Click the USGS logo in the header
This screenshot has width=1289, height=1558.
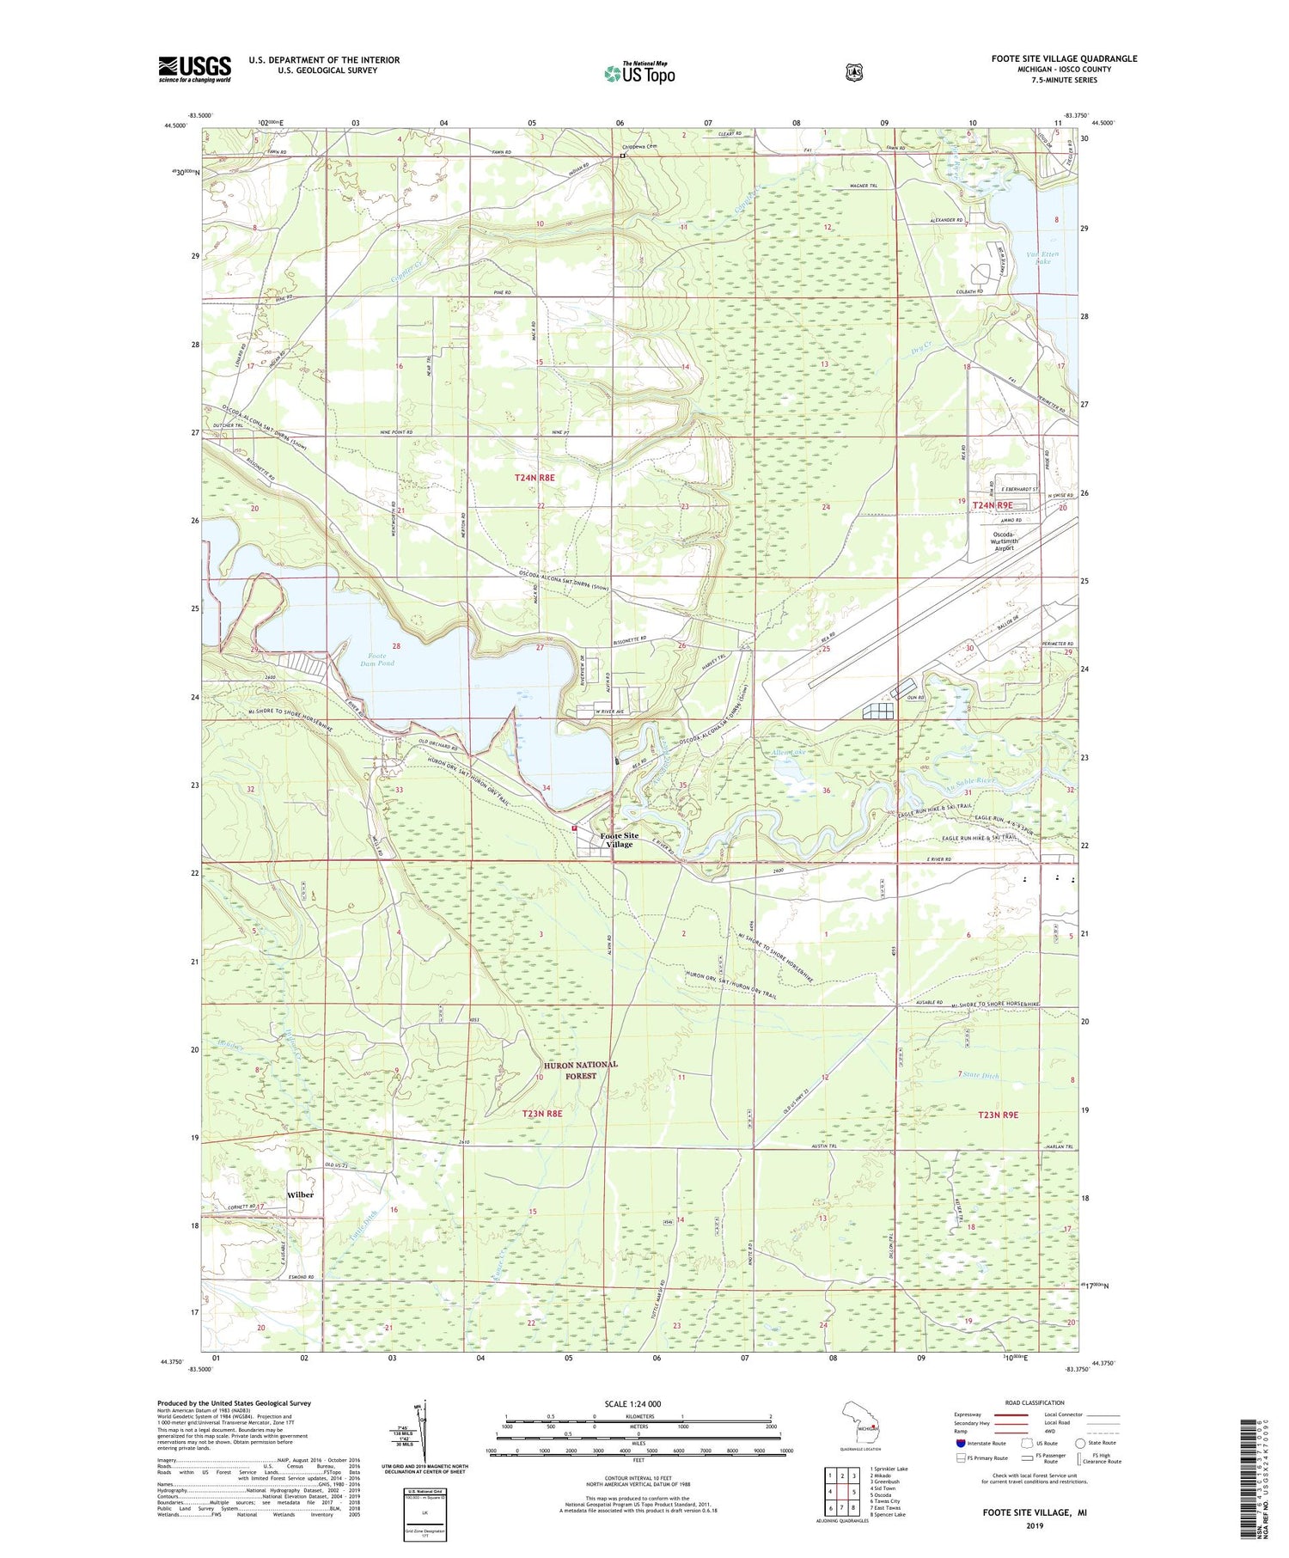coord(194,69)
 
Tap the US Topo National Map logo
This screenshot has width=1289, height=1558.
coord(639,73)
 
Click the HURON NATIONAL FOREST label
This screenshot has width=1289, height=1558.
coord(580,1069)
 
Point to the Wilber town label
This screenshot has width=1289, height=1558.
coord(301,1195)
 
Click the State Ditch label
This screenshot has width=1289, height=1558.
coord(980,1075)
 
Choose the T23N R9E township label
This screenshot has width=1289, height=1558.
coord(997,1114)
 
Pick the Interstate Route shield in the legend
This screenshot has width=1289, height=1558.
coord(961,1443)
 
